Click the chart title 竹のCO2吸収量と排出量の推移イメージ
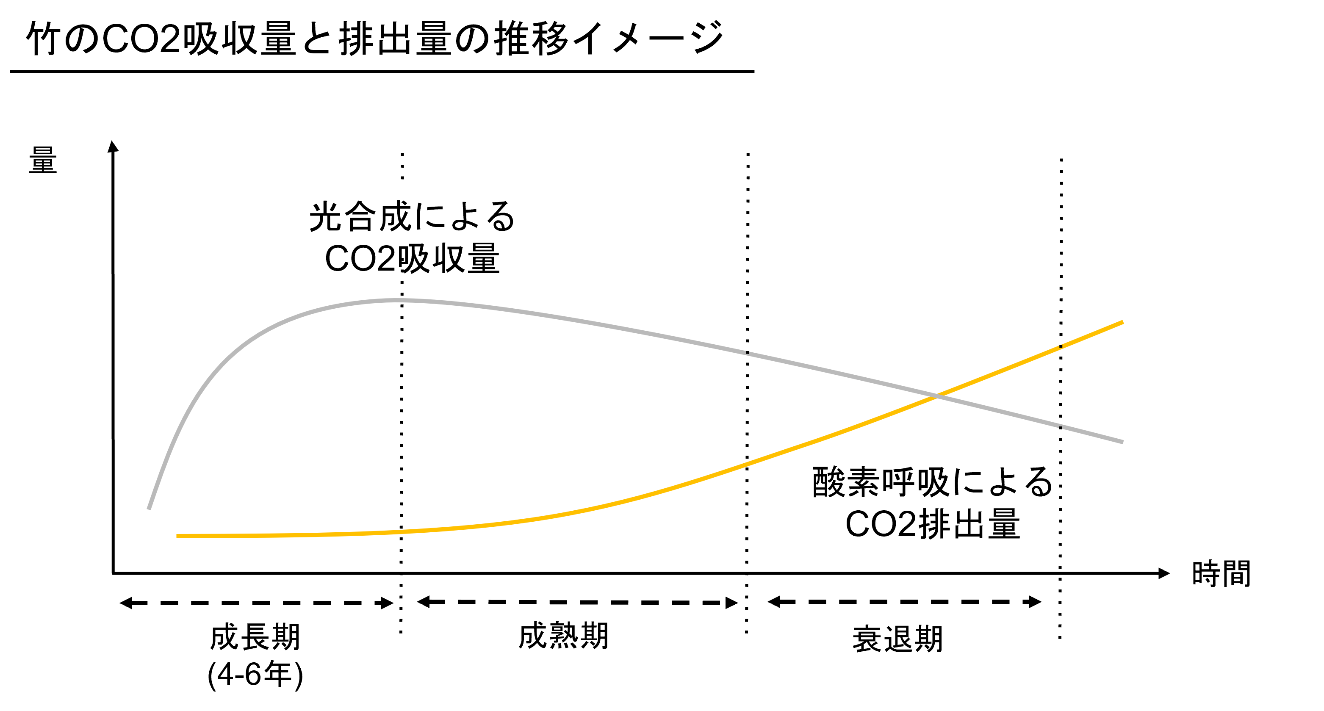click(x=375, y=39)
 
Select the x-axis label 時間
click(x=1221, y=573)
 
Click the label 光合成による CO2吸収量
click(x=412, y=237)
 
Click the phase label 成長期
click(x=255, y=638)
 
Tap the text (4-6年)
click(x=255, y=675)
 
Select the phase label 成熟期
click(x=563, y=636)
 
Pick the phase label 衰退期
click(x=898, y=639)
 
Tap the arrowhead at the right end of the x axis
click(x=1164, y=573)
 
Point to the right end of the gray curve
click(x=1122, y=442)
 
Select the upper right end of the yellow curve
click(x=1122, y=323)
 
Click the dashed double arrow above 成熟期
click(x=577, y=603)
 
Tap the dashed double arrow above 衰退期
click(x=905, y=602)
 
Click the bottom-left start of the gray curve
click(x=149, y=509)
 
